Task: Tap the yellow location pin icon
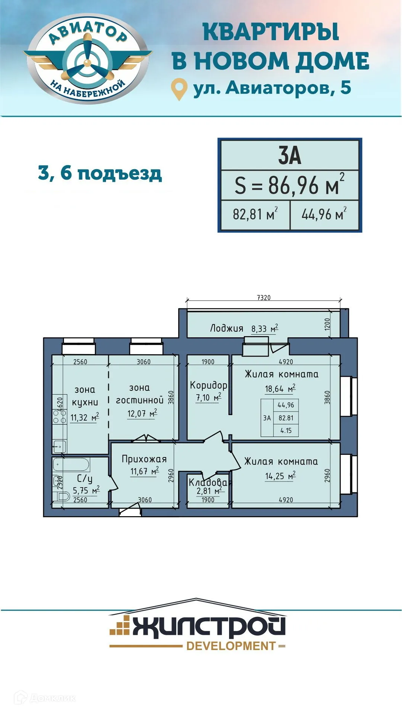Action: [179, 88]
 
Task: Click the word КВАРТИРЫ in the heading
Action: [271, 32]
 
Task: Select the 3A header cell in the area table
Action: [289, 155]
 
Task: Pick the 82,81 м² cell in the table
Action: [255, 215]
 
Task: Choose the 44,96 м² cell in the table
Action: [324, 215]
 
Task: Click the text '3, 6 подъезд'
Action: [100, 173]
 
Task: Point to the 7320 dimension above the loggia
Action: [264, 297]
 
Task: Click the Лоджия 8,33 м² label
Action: [244, 328]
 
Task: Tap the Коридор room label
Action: [208, 385]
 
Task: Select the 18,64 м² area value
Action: [280, 389]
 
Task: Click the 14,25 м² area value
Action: [280, 476]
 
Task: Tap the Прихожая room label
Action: [144, 459]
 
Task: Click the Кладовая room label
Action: [210, 483]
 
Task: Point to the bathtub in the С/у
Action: [71, 464]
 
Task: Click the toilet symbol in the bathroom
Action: [64, 496]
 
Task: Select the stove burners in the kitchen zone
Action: [60, 416]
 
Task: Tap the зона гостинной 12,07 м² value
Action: [142, 414]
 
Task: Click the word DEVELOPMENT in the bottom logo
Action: [231, 646]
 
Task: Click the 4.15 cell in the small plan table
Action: [286, 431]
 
